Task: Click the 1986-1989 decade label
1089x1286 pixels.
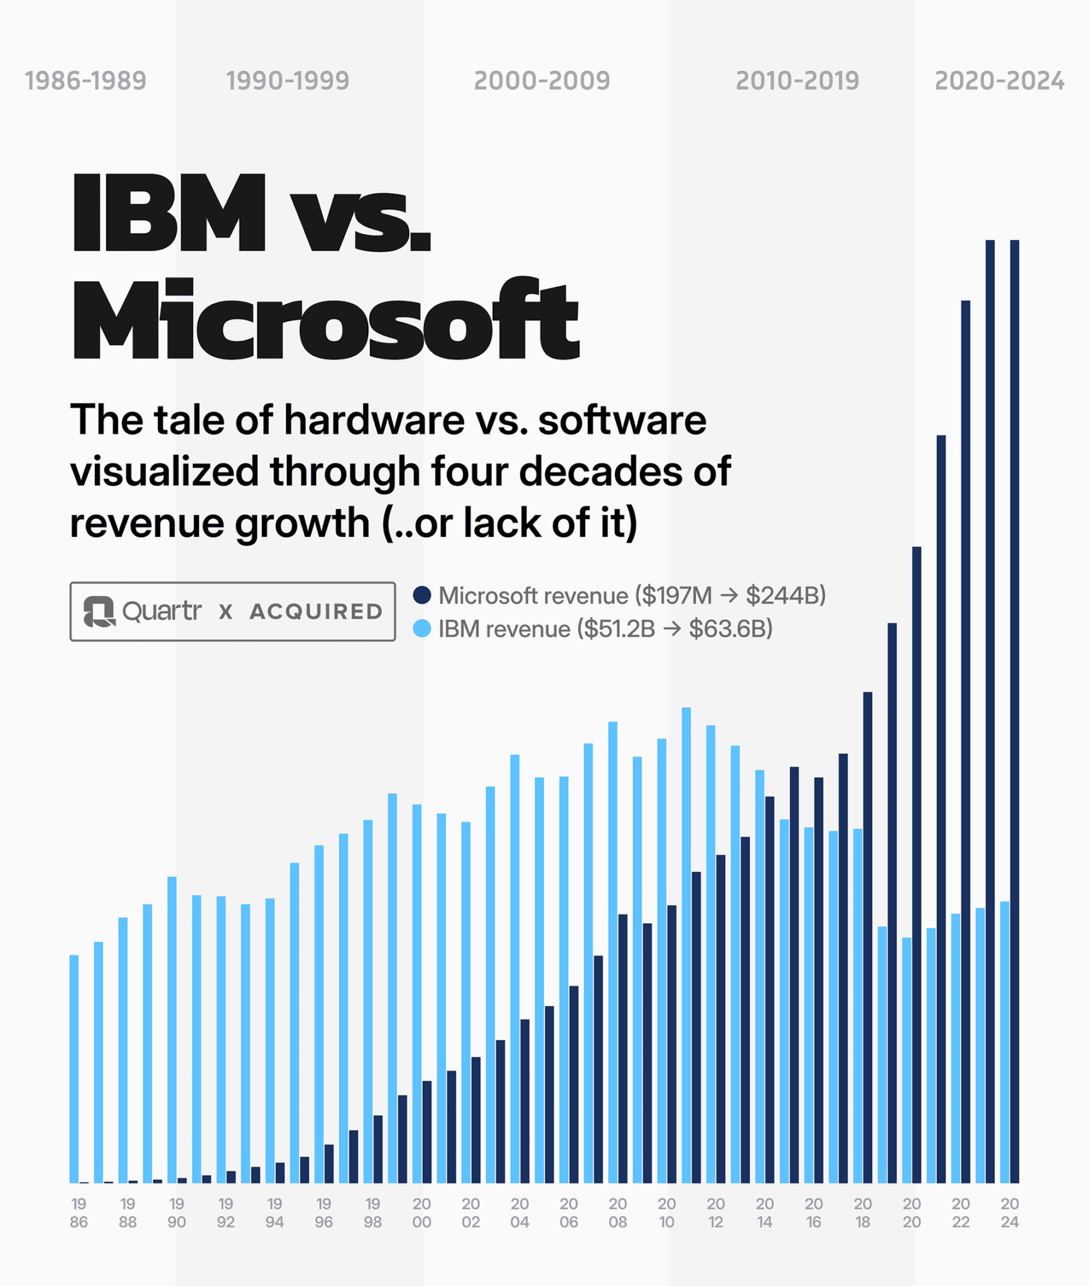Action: click(x=85, y=81)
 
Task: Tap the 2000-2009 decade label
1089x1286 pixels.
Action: click(x=542, y=81)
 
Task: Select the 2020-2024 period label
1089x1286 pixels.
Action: click(x=999, y=81)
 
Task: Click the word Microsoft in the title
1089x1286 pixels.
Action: click(x=325, y=319)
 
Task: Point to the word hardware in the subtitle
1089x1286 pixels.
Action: click(x=374, y=420)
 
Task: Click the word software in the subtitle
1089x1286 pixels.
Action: click(x=622, y=420)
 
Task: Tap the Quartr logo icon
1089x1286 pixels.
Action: click(x=99, y=611)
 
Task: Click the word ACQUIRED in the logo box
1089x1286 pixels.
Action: click(x=316, y=612)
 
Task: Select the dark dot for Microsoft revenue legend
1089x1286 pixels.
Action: click(x=422, y=595)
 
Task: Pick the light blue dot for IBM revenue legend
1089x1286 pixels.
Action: click(x=422, y=629)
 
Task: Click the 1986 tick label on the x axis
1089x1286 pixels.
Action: click(x=79, y=1213)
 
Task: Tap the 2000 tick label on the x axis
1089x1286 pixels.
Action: click(x=421, y=1213)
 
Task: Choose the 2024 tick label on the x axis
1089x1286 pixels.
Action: click(x=1009, y=1213)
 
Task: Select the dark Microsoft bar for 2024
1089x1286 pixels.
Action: click(x=1014, y=710)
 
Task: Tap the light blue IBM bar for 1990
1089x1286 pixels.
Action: click(x=172, y=1030)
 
